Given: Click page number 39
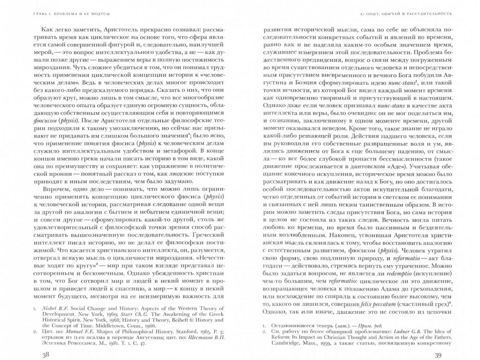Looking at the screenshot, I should tap(438, 355).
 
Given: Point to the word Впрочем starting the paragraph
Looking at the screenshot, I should tap(54, 189).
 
